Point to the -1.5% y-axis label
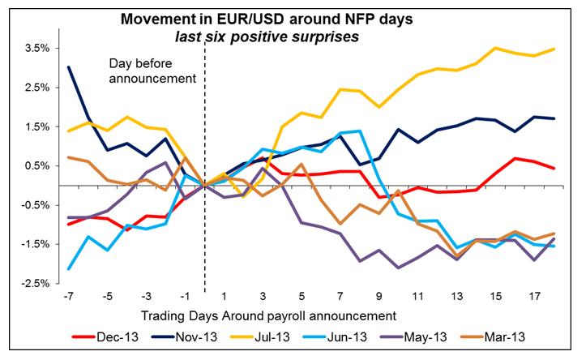[x=36, y=244]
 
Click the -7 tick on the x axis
[x=68, y=296]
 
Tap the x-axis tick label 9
[x=379, y=296]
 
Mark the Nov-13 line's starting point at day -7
[x=69, y=67]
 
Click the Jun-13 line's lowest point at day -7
[x=69, y=268]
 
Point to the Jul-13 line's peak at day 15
[x=495, y=48]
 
